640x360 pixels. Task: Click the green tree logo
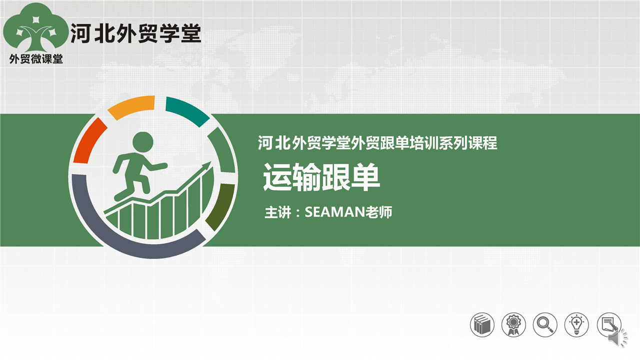(35, 28)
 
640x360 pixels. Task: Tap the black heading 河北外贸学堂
(136, 33)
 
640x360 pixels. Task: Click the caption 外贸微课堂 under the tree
(36, 59)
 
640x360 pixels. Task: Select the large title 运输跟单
(321, 177)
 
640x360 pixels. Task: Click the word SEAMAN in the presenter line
(335, 212)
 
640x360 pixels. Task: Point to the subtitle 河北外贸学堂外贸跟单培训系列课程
(377, 143)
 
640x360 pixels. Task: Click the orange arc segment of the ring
(131, 106)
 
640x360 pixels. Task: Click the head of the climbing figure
(143, 142)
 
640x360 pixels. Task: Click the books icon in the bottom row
(482, 325)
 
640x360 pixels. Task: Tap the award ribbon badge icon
(513, 325)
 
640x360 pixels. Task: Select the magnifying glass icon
(545, 325)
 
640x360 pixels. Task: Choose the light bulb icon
(576, 325)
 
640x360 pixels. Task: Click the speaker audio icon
(617, 338)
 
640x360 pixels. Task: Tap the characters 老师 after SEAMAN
(379, 212)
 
